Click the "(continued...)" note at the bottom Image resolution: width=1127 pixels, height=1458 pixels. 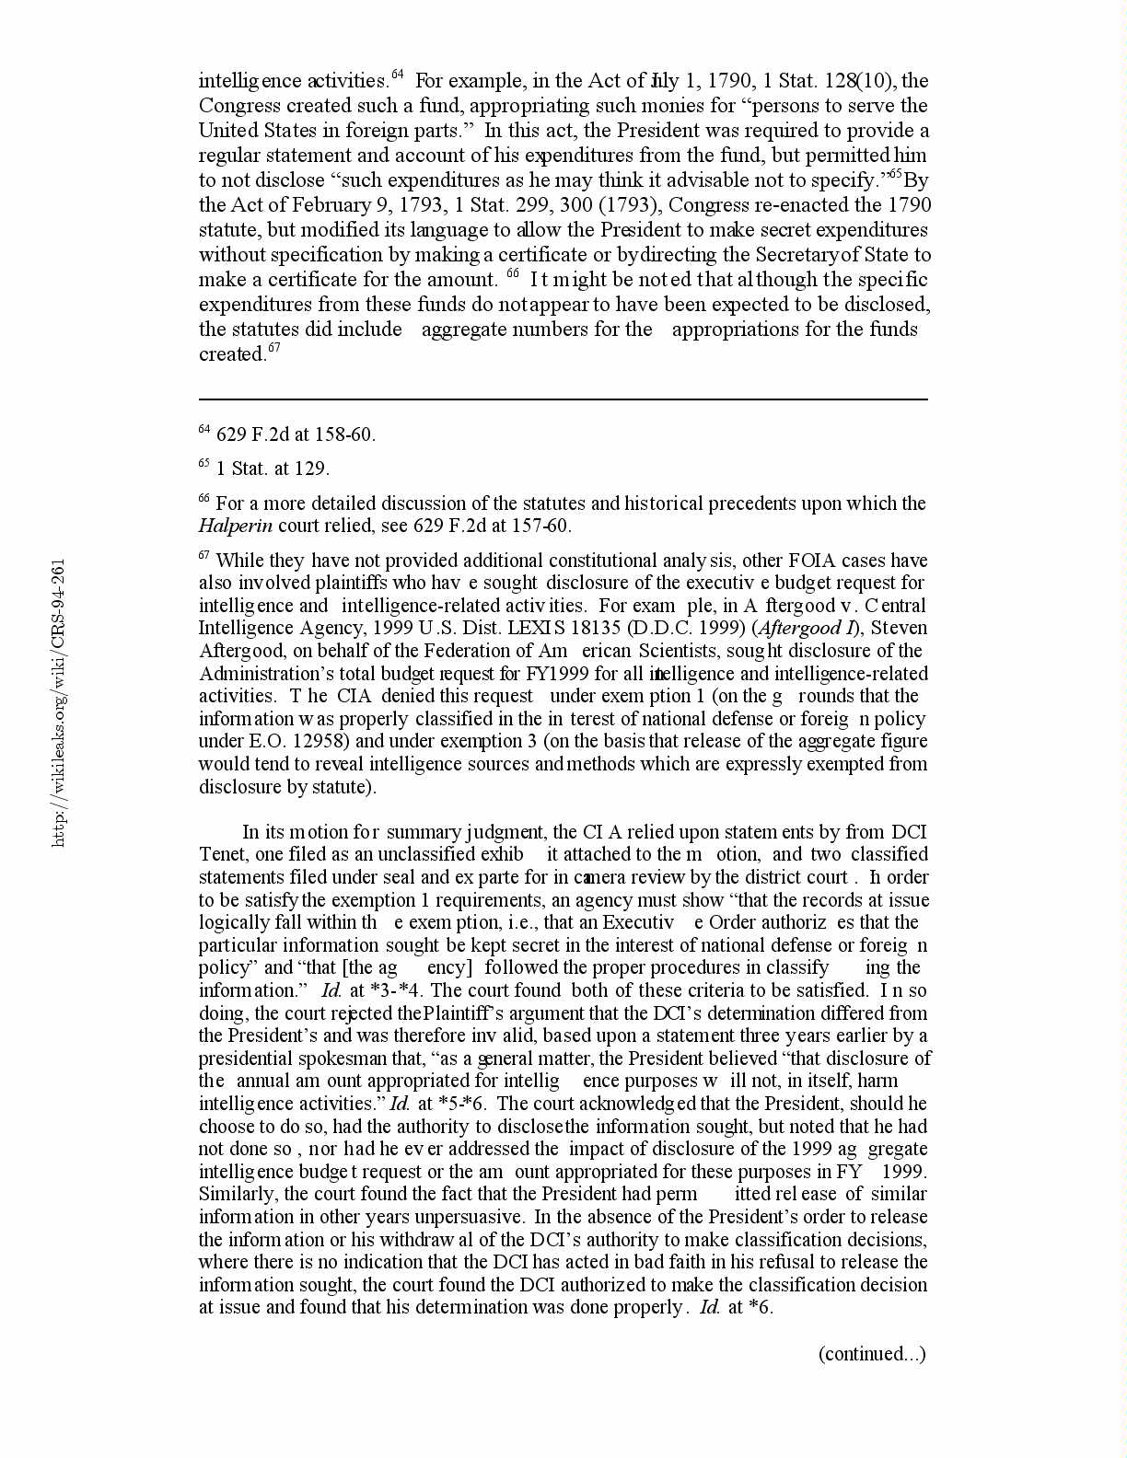(x=872, y=1353)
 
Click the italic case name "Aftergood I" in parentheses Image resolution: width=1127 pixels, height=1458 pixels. (x=809, y=628)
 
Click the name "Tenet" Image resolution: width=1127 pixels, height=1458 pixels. (x=222, y=854)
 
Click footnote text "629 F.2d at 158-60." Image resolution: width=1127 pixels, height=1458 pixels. (x=296, y=435)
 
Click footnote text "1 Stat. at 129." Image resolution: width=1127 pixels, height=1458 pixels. (x=273, y=469)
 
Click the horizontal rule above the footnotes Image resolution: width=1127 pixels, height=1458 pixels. (x=563, y=399)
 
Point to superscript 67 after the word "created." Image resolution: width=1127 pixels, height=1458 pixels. (x=273, y=350)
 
